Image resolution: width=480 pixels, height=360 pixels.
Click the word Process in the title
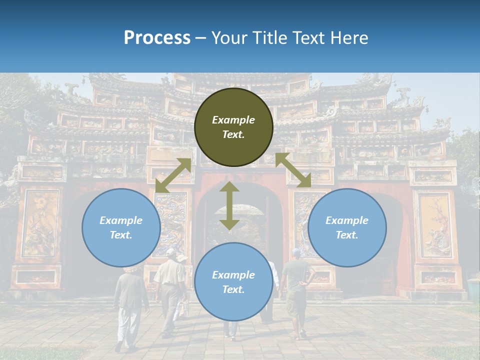pos(157,38)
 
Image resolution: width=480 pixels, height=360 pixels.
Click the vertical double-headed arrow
pos(229,206)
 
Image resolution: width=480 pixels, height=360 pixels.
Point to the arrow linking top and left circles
pos(173,175)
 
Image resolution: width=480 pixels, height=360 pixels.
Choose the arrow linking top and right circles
pos(293,170)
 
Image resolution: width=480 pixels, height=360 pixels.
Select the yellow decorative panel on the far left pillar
pos(39,222)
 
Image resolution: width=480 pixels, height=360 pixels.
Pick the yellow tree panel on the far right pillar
pos(434,225)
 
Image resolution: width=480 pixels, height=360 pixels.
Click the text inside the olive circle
pos(233,127)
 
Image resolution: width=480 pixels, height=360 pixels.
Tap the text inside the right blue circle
pos(347,227)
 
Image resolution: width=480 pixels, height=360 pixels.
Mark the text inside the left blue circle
pos(121,227)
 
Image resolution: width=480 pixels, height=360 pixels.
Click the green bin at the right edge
pos(472,290)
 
